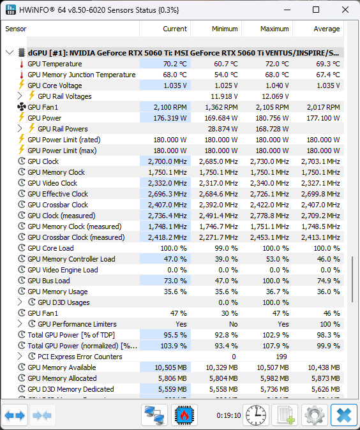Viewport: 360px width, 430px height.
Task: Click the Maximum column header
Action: tap(274, 29)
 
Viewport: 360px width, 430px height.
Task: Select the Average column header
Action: tap(327, 29)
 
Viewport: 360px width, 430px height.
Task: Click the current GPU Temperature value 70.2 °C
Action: tap(175, 64)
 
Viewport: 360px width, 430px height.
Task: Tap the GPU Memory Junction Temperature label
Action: tap(82, 75)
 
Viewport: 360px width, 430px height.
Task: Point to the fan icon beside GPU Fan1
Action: tap(22, 107)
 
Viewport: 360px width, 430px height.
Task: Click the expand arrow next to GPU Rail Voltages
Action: tap(20, 96)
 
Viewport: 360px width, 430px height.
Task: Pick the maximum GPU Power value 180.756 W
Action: tap(272, 118)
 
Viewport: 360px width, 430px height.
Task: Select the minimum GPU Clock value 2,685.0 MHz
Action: tap(218, 161)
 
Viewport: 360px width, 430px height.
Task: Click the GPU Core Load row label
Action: tap(50, 248)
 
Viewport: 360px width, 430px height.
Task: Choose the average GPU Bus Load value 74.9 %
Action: tap(329, 281)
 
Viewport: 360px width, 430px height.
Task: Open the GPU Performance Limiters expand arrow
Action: tap(20, 324)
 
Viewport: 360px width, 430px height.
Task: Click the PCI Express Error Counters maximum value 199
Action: tap(281, 357)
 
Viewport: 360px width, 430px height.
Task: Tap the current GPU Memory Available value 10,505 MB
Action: tap(170, 367)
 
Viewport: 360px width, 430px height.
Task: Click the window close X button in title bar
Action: tap(345, 10)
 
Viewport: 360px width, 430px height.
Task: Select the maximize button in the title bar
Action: tap(316, 10)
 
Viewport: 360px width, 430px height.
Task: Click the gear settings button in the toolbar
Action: tap(315, 415)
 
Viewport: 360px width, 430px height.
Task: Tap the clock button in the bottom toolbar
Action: tap(256, 415)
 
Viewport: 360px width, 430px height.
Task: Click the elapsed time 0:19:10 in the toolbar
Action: tap(229, 415)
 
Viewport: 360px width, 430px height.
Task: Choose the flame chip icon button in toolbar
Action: tap(184, 415)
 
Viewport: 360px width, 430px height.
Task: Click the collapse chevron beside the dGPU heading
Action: tap(10, 52)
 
